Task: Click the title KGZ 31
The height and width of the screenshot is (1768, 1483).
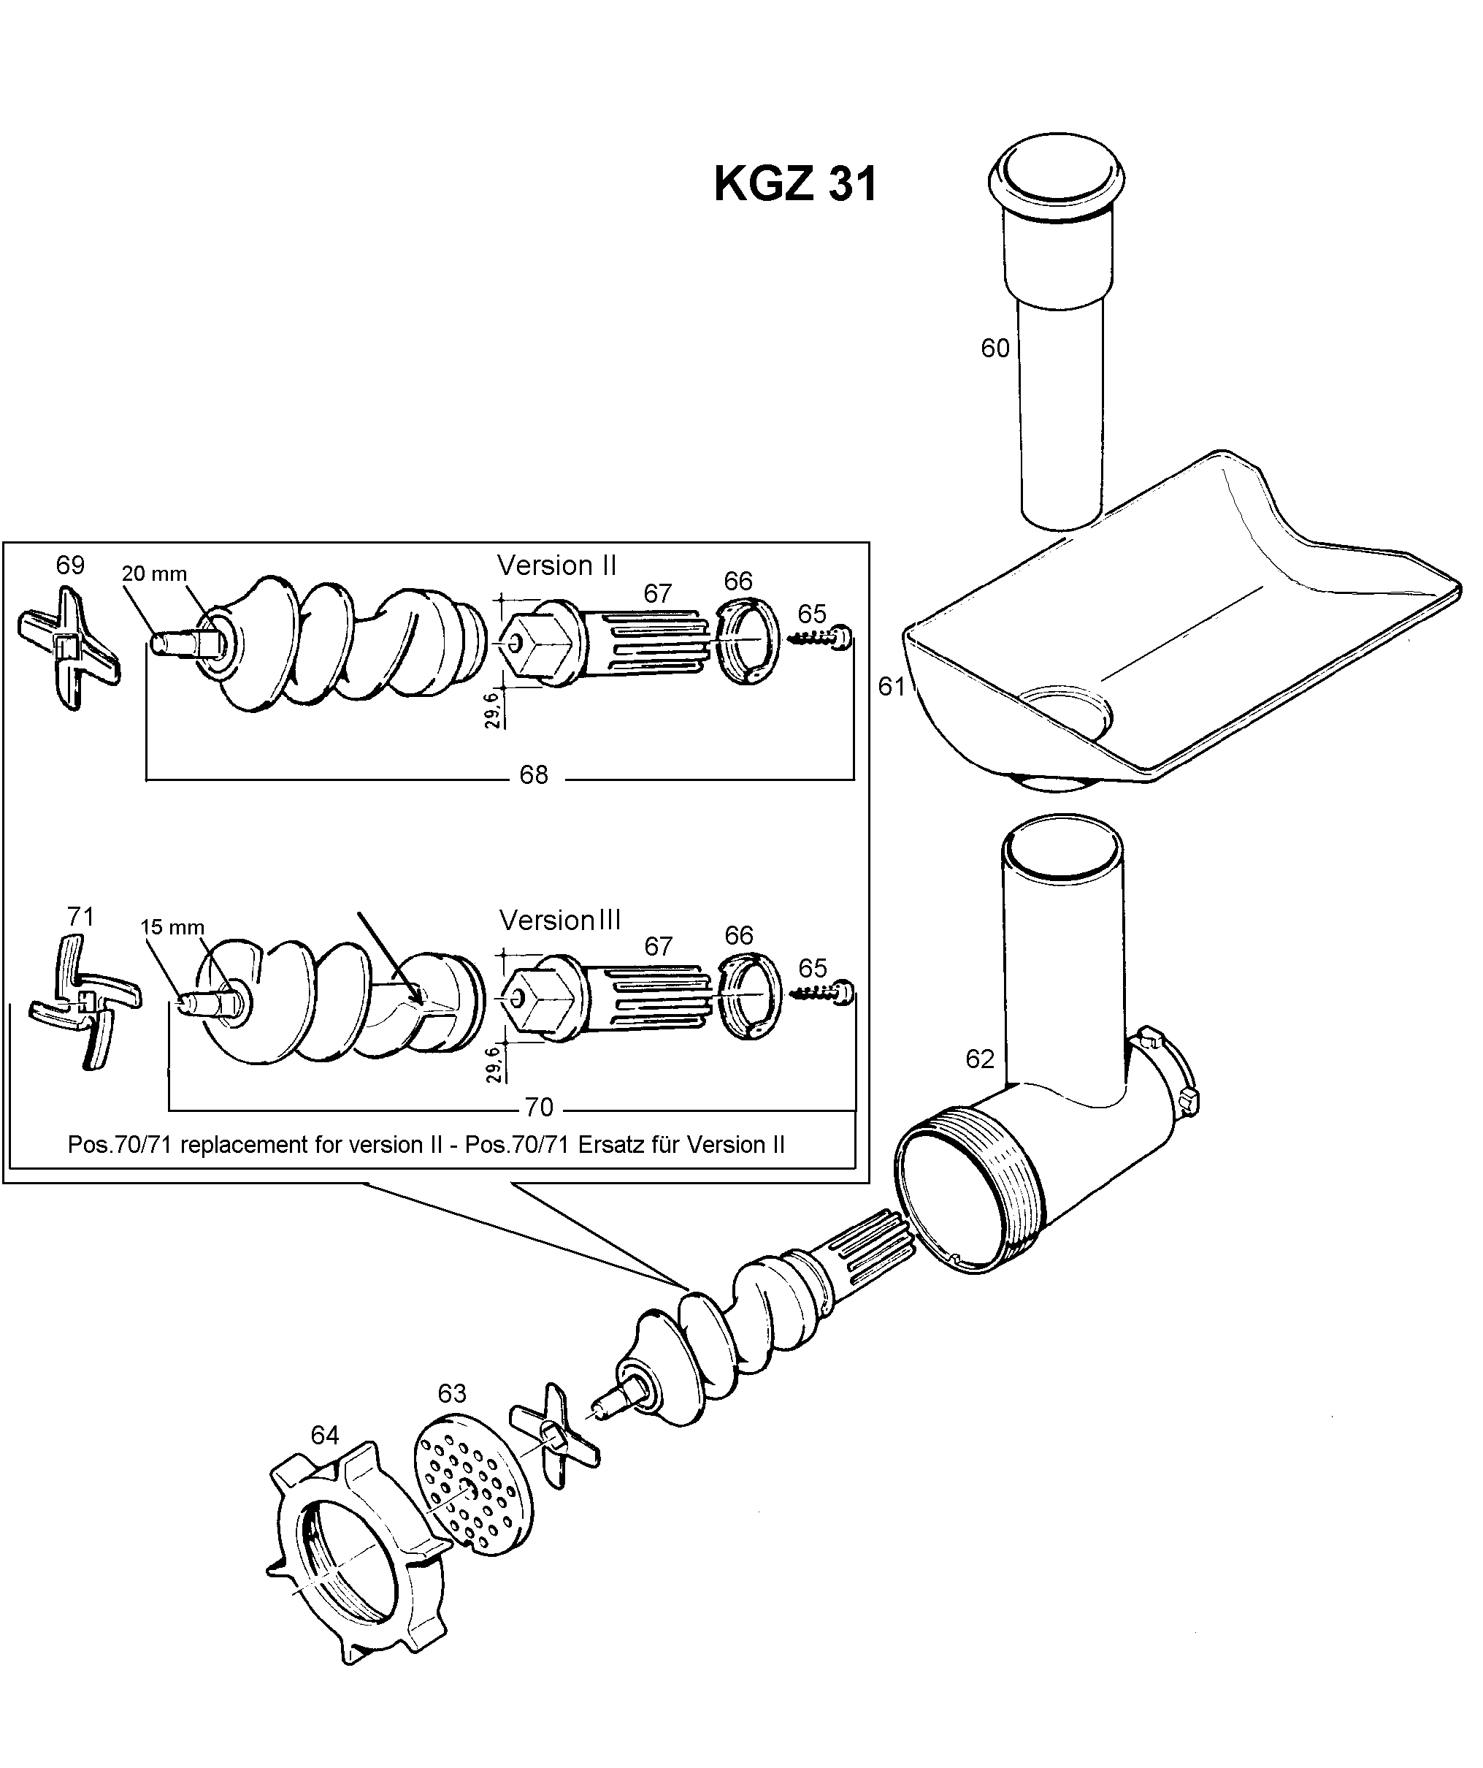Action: [x=795, y=183]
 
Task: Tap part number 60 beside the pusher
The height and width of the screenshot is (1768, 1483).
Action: [x=995, y=348]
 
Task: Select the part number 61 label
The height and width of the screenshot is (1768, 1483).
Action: [x=892, y=686]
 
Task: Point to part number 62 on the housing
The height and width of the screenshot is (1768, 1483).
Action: [x=980, y=1059]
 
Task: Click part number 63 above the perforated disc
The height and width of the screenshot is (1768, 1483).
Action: [x=452, y=1393]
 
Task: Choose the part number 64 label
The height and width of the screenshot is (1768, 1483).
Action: [x=325, y=1435]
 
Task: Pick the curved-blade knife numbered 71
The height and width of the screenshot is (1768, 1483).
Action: [x=84, y=1002]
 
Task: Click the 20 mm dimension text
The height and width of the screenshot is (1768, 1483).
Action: [x=154, y=574]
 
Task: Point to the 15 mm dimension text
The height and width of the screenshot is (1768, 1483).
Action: [x=172, y=927]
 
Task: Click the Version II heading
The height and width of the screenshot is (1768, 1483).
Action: [x=557, y=565]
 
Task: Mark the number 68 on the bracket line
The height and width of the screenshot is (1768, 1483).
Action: [x=534, y=774]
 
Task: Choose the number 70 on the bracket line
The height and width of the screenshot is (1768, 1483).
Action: [x=539, y=1106]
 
